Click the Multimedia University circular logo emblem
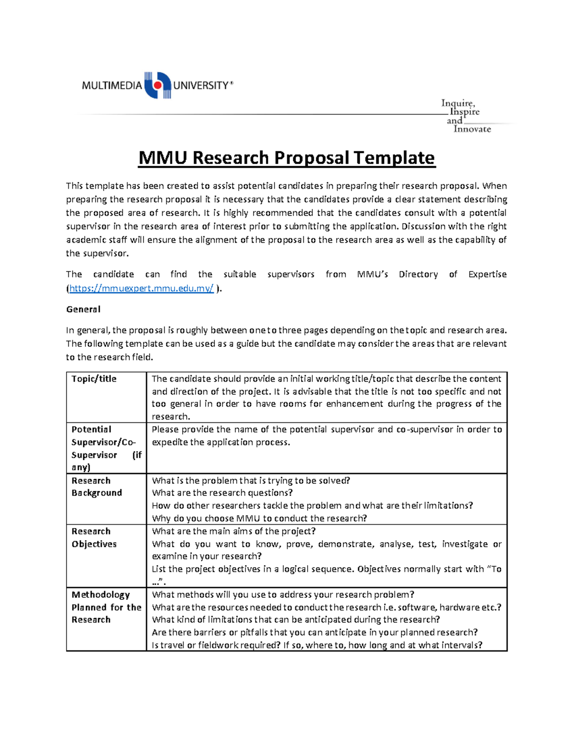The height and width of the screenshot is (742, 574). [x=157, y=86]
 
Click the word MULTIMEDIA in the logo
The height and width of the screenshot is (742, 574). [x=112, y=86]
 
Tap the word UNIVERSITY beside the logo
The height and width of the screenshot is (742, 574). [x=201, y=86]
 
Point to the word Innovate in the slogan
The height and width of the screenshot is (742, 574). [x=472, y=129]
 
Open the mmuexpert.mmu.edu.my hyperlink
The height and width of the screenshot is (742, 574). [x=142, y=288]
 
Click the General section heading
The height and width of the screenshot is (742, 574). [x=83, y=309]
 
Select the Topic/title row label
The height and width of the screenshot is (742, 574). [x=94, y=379]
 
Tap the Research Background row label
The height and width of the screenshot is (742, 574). [x=97, y=487]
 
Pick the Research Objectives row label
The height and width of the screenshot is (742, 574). [x=94, y=538]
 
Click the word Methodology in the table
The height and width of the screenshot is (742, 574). [x=101, y=595]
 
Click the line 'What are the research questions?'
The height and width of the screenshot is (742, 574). [x=222, y=493]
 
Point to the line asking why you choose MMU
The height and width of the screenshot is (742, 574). [x=259, y=518]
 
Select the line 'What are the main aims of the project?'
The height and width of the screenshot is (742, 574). [x=233, y=531]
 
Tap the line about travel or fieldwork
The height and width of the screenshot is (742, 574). [x=317, y=645]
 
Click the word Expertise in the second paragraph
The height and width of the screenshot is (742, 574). [x=487, y=274]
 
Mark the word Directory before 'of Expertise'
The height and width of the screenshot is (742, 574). [x=418, y=274]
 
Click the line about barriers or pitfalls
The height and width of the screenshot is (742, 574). [x=314, y=633]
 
